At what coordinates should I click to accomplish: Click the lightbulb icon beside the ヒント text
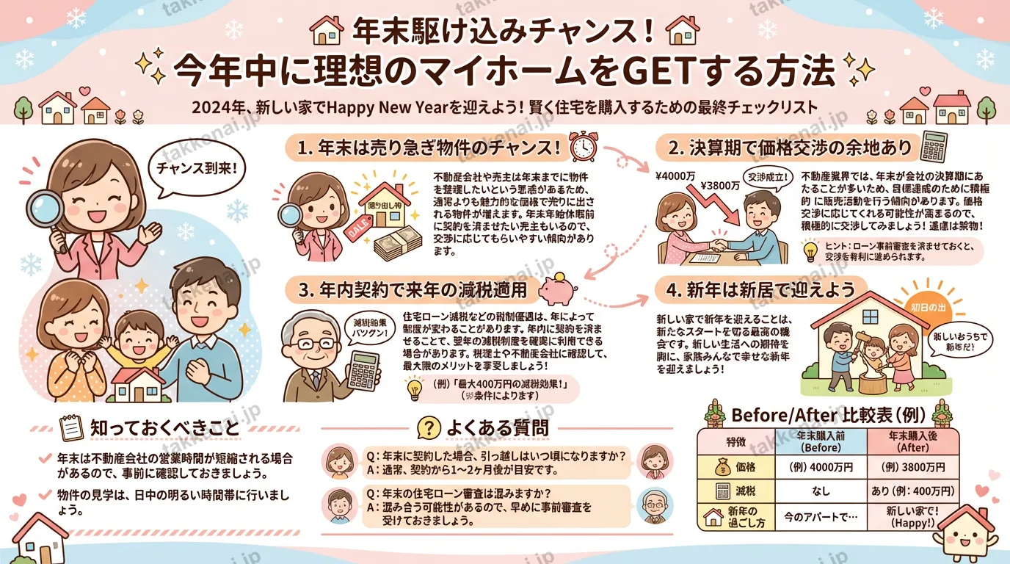point(810,250)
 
